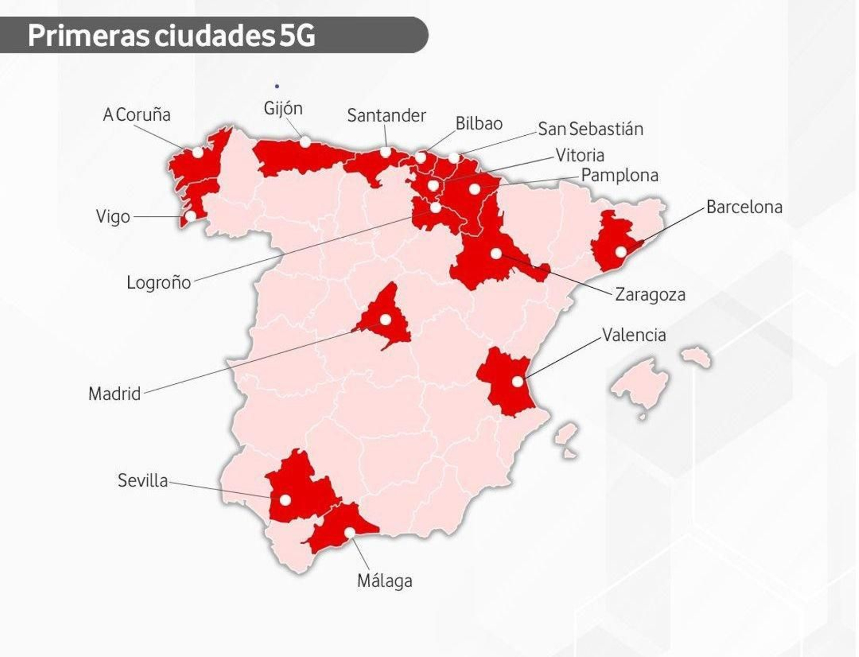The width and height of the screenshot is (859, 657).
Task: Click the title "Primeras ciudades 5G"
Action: click(171, 35)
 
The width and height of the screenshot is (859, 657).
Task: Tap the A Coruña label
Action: click(136, 114)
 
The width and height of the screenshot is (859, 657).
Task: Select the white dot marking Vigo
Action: click(191, 216)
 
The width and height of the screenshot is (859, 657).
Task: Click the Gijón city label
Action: click(283, 109)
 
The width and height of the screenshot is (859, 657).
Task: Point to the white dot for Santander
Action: click(385, 152)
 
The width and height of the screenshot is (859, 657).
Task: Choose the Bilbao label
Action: click(479, 123)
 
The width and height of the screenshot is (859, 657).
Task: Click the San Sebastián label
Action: click(590, 129)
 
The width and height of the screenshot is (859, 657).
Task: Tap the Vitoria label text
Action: click(580, 155)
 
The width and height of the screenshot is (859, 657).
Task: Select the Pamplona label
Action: click(620, 176)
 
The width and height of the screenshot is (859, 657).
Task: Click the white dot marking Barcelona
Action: click(621, 252)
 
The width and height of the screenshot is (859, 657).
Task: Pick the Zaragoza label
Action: click(650, 295)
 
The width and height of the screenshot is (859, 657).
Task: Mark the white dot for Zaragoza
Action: click(496, 253)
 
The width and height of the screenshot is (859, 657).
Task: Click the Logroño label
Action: click(158, 282)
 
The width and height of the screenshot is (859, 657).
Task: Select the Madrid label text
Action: click(114, 394)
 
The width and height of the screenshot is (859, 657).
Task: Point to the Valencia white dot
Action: click(517, 382)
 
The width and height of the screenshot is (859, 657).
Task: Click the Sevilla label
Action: click(142, 480)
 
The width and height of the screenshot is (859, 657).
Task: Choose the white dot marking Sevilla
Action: click(285, 500)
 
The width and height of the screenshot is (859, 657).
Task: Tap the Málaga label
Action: click(384, 581)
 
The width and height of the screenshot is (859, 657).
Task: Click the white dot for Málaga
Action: click(350, 532)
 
